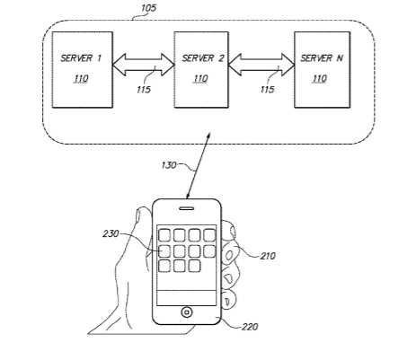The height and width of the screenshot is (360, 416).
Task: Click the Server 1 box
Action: coord(83,70)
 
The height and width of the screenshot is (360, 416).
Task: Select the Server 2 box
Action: coord(201,70)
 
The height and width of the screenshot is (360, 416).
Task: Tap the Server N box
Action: coord(323,70)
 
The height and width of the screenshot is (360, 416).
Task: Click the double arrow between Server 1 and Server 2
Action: coord(144,65)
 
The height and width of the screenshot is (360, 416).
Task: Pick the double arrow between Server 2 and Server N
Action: coord(261,65)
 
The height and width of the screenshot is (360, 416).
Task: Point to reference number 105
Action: coord(148,8)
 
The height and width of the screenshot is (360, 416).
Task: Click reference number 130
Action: coord(169,165)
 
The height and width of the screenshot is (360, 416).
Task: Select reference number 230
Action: coord(111,233)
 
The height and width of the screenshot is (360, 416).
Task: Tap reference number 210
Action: coord(268,256)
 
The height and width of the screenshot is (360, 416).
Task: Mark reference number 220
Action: coord(250,327)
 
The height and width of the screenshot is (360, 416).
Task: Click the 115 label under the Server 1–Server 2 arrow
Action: coord(144,90)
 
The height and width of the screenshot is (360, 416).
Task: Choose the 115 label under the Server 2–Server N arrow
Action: coord(267,90)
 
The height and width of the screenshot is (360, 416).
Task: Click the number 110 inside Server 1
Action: coord(82,79)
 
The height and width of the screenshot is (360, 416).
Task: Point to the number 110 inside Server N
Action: coord(320,79)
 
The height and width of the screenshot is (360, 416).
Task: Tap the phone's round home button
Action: coord(187,312)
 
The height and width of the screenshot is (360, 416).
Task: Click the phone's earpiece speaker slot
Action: coord(186,208)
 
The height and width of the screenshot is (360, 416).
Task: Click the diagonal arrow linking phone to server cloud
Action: coord(198,165)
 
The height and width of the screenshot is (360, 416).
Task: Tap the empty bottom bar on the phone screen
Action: coord(187,298)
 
